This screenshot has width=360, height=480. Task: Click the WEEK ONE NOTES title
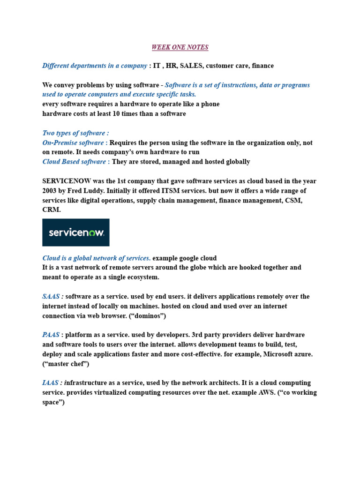pyautogui.click(x=180, y=47)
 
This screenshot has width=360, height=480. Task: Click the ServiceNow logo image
pyautogui.click(x=76, y=232)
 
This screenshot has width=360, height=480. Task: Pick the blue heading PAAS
pyautogui.click(x=51, y=335)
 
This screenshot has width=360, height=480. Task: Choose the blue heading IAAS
pyautogui.click(x=50, y=383)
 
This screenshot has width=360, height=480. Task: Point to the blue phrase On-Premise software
pyautogui.click(x=73, y=143)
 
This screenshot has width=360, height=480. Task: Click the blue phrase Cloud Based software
pyautogui.click(x=74, y=162)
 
